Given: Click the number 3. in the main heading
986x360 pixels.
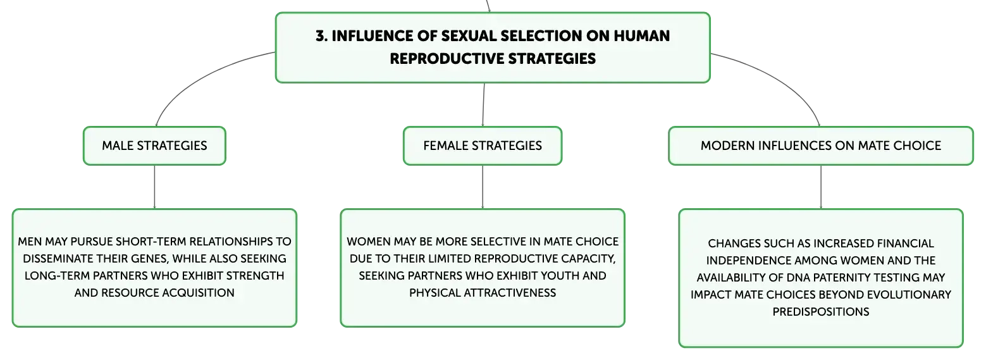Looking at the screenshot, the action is [x=322, y=35].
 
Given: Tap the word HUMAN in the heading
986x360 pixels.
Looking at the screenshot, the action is [x=642, y=35].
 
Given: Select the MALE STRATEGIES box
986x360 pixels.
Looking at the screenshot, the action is [x=154, y=146].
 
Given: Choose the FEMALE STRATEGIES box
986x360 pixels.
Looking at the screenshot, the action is [x=483, y=146].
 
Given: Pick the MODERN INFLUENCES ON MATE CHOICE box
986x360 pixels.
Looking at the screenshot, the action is [x=821, y=146].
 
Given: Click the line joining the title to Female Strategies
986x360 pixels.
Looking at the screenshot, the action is [x=484, y=105].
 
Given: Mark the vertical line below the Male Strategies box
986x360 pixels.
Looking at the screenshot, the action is [x=154, y=187].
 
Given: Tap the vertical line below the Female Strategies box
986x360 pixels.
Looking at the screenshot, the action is [x=483, y=187].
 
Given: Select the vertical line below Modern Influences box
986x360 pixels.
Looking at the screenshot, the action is [x=821, y=187].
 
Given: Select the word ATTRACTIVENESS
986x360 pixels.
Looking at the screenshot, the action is [x=510, y=293].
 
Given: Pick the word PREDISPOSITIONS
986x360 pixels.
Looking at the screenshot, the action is [x=821, y=312].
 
